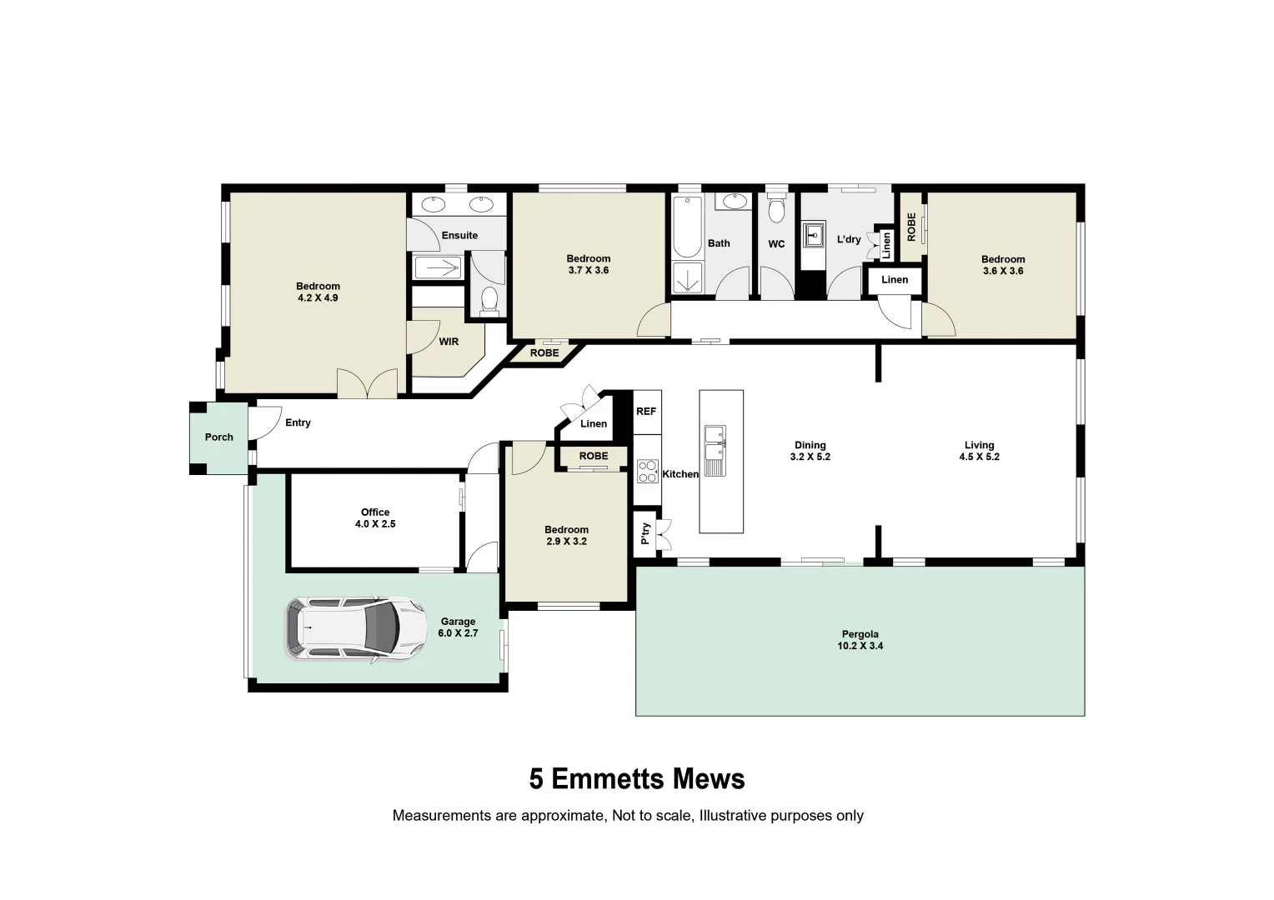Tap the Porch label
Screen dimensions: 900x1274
coord(219,437)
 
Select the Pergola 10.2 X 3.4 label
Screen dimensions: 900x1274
coord(860,640)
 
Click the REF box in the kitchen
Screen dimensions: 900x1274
coord(646,412)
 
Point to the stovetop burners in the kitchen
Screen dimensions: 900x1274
coord(647,472)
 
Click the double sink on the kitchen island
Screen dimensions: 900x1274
coord(715,450)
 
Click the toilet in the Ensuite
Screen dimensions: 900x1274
coord(489,300)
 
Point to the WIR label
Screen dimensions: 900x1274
coord(449,342)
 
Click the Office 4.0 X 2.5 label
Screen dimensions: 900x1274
coord(375,518)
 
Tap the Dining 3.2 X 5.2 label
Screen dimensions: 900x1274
coord(810,451)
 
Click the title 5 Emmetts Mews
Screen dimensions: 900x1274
coord(637,779)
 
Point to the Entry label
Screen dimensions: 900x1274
coord(298,423)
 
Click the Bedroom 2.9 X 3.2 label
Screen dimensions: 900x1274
coord(566,535)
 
